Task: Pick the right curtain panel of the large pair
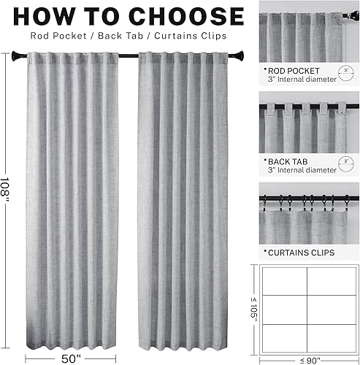(x=191, y=197)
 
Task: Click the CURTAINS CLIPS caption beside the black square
(x=302, y=253)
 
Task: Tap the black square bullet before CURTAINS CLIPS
(x=264, y=253)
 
